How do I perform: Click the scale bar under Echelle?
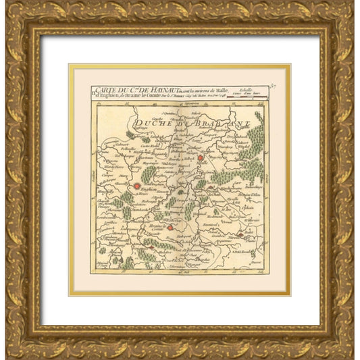(x=247, y=99)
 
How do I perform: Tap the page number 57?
(x=273, y=86)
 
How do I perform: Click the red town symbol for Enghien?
(x=137, y=186)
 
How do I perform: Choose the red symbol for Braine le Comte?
(x=171, y=228)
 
